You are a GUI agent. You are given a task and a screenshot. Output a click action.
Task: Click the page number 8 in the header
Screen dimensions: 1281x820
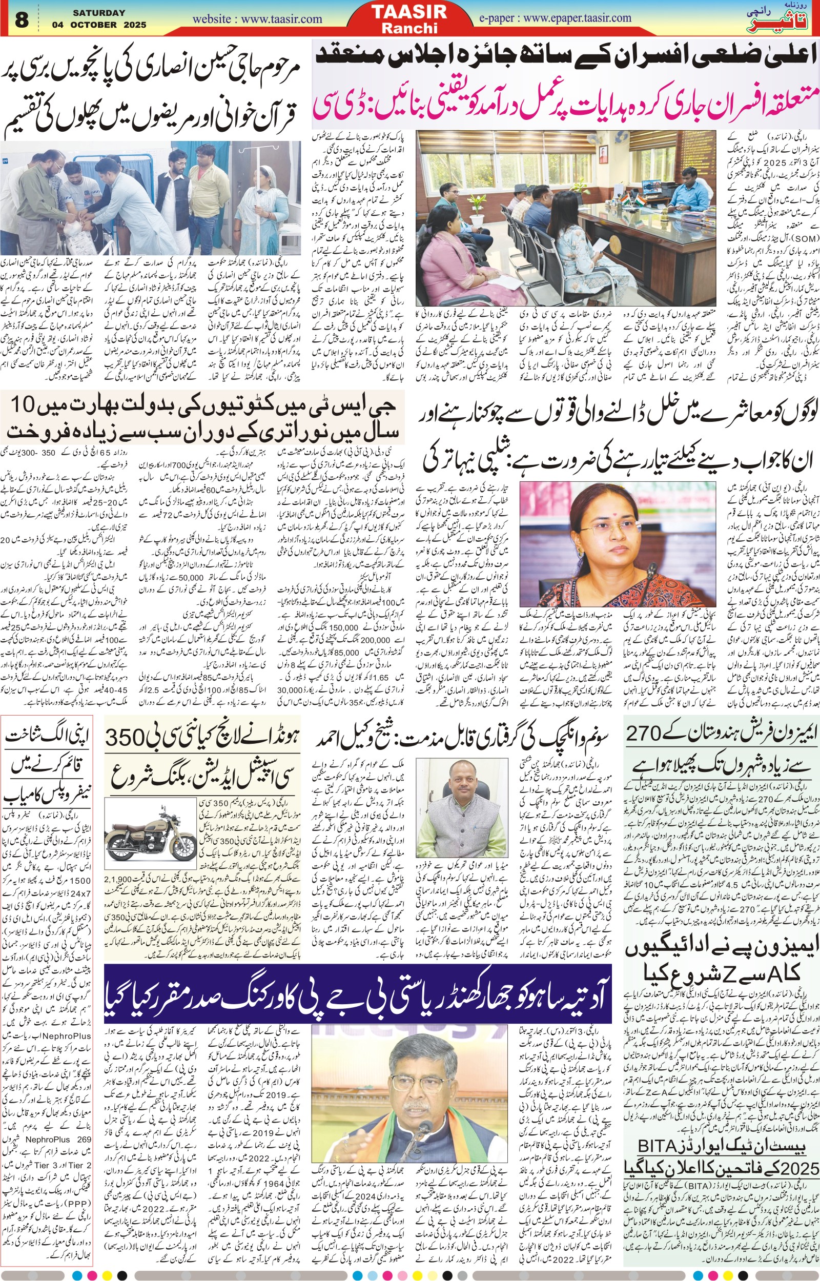[x=22, y=19]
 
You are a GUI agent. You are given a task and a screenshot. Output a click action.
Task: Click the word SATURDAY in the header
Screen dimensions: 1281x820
[x=99, y=13]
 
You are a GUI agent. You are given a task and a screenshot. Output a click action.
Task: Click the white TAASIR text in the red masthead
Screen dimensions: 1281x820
[x=409, y=12]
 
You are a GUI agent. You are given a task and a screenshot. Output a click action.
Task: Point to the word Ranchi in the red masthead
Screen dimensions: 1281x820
[x=409, y=28]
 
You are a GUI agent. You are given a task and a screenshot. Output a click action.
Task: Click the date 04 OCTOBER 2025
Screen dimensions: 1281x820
[x=99, y=25]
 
